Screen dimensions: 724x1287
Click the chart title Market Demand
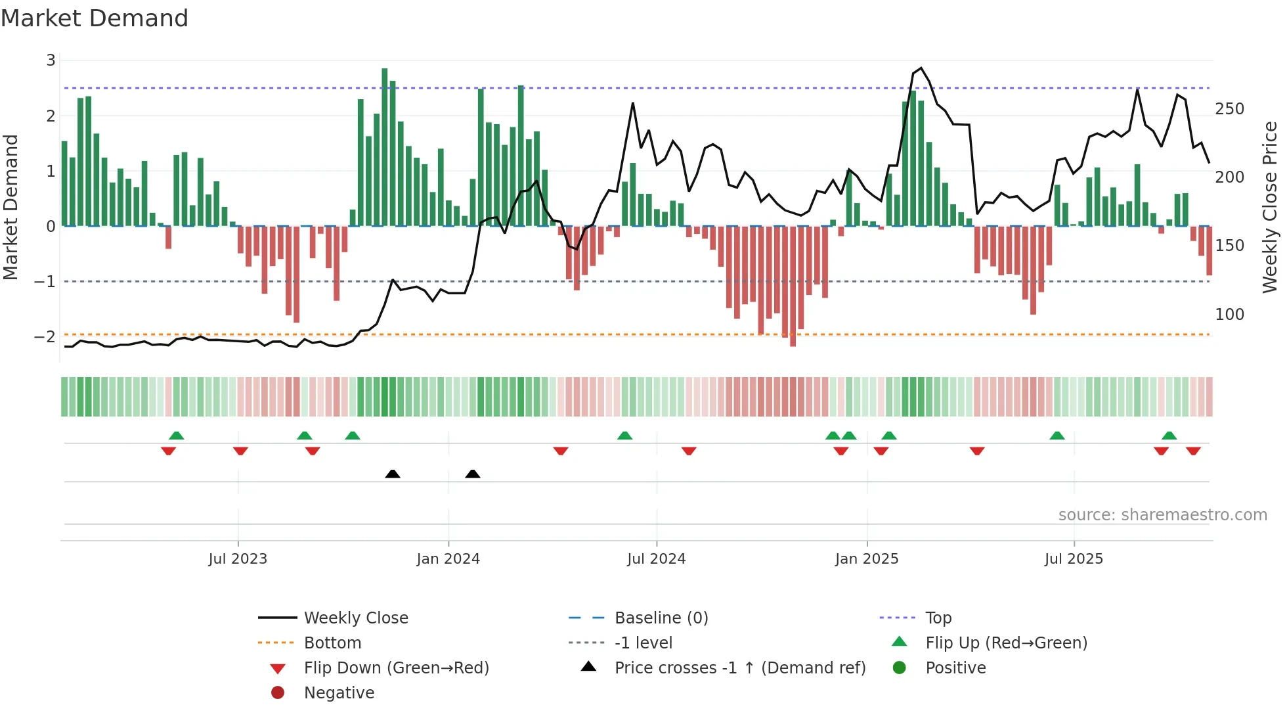(x=95, y=18)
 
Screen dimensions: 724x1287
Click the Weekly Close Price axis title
(x=1270, y=207)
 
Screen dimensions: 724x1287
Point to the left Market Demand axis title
(x=11, y=207)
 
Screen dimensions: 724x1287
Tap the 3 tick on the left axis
(x=51, y=60)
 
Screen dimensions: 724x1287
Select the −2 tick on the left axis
(x=45, y=337)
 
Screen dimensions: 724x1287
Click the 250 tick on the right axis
(x=1229, y=109)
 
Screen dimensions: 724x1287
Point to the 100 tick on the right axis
(x=1229, y=315)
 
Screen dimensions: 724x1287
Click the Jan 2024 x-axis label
(x=448, y=559)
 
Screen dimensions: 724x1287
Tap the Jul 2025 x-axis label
(x=1074, y=559)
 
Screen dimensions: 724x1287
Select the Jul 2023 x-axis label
(x=238, y=559)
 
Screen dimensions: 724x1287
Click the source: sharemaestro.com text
(x=1162, y=515)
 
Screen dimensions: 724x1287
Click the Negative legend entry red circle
(x=278, y=693)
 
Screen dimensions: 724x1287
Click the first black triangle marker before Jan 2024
(x=393, y=474)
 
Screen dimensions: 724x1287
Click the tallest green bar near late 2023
(x=385, y=148)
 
